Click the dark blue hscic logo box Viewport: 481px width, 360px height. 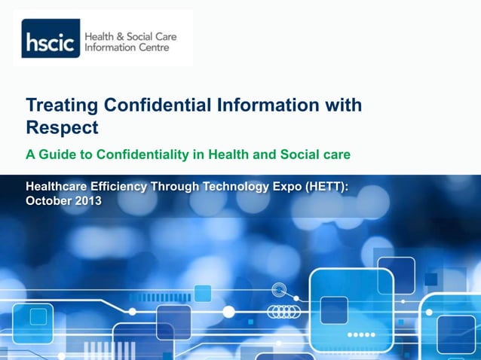point(50,42)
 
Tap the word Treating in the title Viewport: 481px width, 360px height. point(60,105)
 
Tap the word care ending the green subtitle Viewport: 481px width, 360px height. point(335,155)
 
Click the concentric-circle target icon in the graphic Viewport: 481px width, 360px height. point(279,288)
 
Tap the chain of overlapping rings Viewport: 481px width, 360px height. point(285,311)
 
